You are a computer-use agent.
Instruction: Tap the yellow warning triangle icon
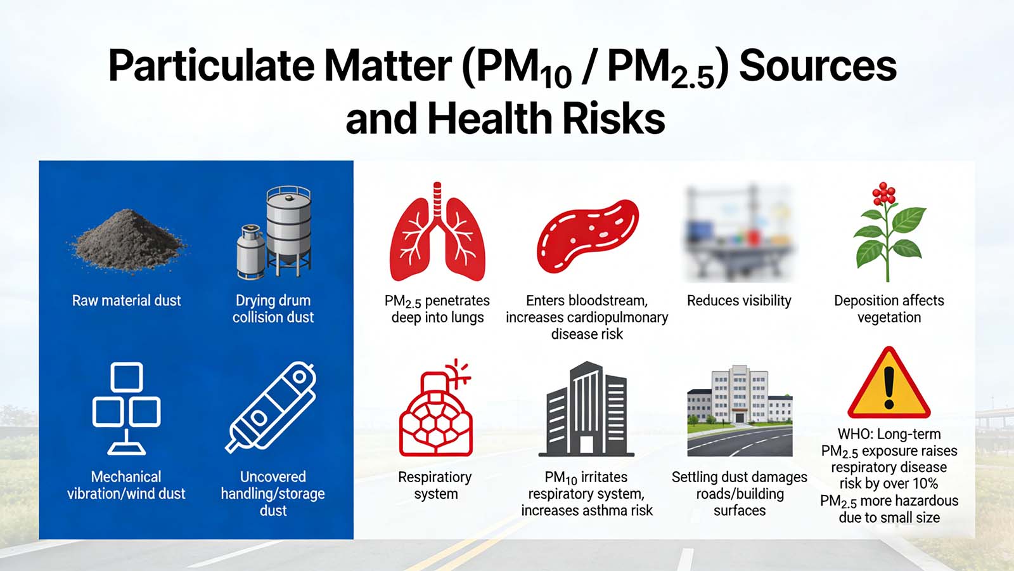(889, 384)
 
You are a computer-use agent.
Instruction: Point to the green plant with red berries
(889, 232)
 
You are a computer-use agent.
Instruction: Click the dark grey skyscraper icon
(586, 410)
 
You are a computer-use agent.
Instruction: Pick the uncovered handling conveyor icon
(273, 407)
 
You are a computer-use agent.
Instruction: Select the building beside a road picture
(740, 410)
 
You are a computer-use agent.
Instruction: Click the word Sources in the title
(818, 66)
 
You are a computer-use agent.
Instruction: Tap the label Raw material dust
(126, 301)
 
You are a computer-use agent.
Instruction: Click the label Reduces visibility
(739, 301)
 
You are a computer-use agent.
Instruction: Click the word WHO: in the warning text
(856, 435)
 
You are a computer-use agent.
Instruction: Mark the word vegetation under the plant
(889, 318)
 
